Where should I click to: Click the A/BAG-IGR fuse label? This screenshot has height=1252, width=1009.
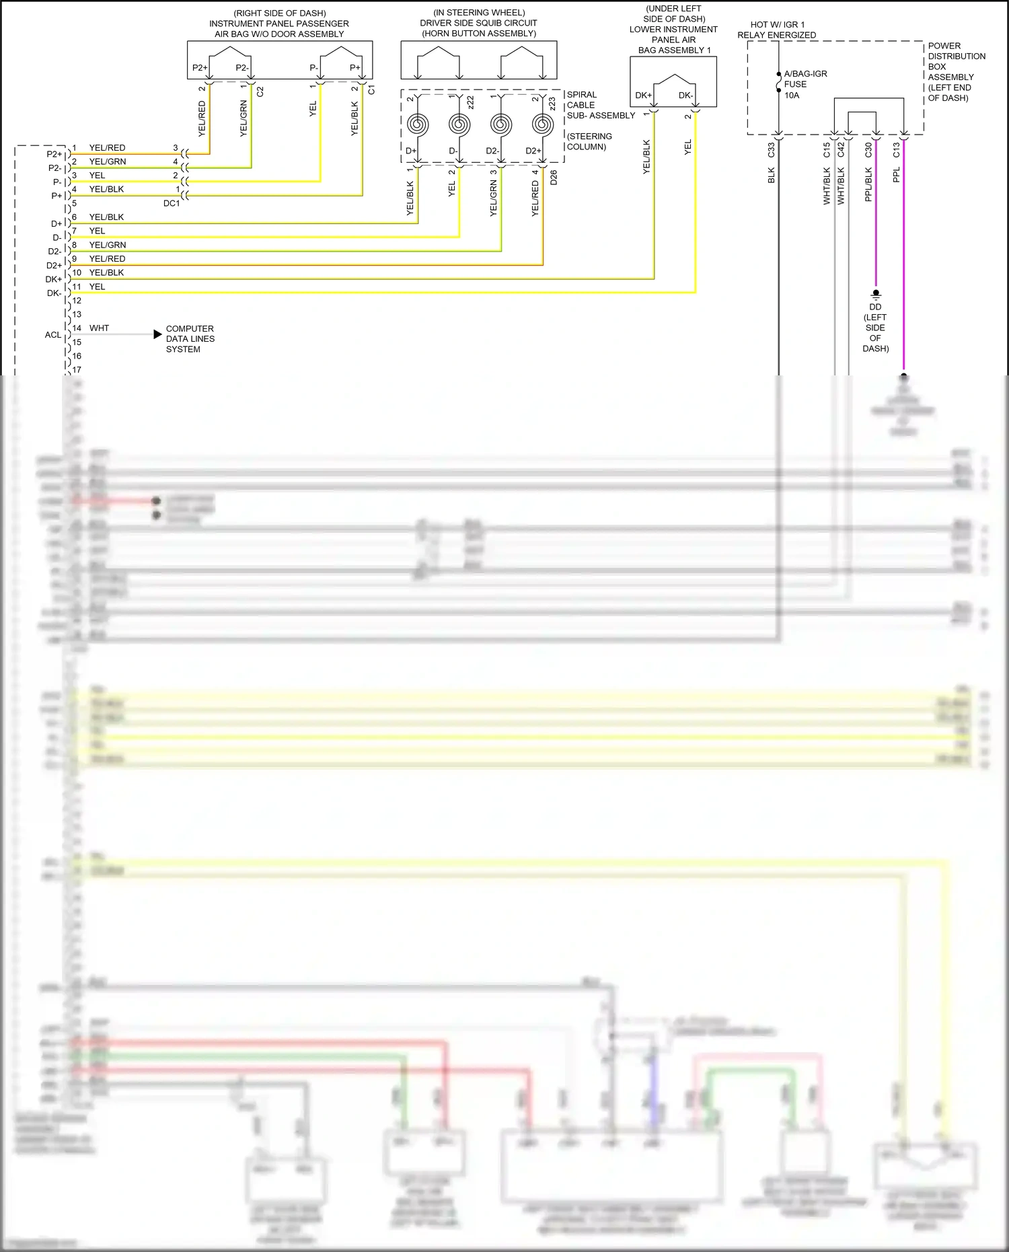(x=805, y=74)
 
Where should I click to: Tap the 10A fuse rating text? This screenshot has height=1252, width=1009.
(x=792, y=96)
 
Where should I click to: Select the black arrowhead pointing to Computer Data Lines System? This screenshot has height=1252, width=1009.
(x=157, y=334)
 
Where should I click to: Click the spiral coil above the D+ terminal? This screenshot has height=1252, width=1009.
(x=418, y=124)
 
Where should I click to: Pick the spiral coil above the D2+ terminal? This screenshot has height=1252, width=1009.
(x=542, y=124)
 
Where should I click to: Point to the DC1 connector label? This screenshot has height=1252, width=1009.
(x=172, y=203)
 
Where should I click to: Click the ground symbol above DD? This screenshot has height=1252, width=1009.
(x=875, y=295)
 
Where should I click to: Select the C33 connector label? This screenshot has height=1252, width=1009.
(x=772, y=150)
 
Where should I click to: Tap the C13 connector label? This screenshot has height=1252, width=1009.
(x=896, y=150)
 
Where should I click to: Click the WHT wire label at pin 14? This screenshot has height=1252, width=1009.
(x=99, y=328)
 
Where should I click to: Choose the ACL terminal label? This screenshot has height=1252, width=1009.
(x=53, y=335)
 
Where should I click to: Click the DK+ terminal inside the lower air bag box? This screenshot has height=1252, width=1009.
(x=643, y=96)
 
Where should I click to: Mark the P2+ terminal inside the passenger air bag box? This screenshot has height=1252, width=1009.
(x=200, y=68)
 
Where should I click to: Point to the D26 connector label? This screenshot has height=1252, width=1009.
(x=554, y=178)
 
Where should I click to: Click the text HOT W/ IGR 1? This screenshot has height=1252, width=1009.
(x=777, y=25)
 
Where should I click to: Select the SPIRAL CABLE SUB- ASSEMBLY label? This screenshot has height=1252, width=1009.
(x=600, y=105)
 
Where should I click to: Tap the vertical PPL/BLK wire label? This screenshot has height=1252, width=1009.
(x=868, y=185)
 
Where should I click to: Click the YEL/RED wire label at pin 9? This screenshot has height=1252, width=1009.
(x=107, y=259)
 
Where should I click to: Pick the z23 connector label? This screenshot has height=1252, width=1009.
(x=552, y=104)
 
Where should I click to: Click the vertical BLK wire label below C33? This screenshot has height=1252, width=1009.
(x=772, y=176)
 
